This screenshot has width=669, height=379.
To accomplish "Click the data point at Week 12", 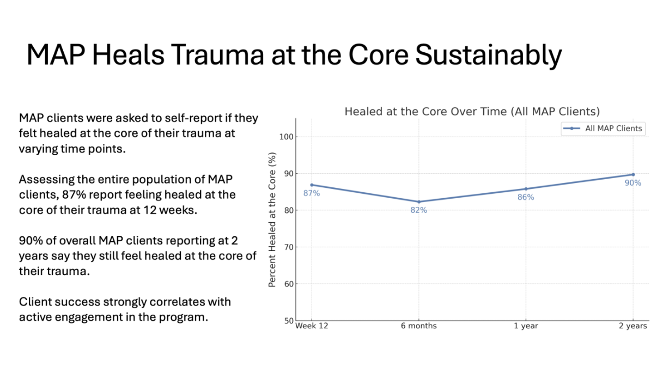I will (x=312, y=185).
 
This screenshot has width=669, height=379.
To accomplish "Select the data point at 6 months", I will (x=418, y=201).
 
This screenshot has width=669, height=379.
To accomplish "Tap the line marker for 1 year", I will (x=526, y=189).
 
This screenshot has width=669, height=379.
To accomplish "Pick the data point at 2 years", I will (x=633, y=174).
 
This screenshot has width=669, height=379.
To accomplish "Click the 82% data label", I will (x=418, y=210).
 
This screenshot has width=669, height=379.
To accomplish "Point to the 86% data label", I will (x=526, y=197).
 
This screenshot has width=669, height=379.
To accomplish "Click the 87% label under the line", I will (x=312, y=193).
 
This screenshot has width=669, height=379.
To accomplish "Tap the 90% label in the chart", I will (x=633, y=183).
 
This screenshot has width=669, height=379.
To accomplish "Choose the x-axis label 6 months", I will (x=418, y=326).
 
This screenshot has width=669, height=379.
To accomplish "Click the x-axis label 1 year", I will (x=526, y=326).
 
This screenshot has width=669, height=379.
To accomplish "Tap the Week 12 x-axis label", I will (x=312, y=326).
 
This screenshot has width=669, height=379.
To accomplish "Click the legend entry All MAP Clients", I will (x=613, y=129).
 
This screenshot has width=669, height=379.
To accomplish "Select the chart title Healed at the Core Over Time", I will (x=472, y=112).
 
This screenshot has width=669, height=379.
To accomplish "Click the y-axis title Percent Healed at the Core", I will (x=272, y=219).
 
